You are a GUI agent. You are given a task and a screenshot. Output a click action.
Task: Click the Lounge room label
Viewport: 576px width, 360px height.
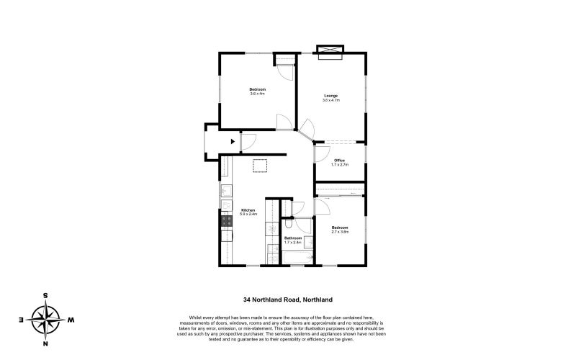330,96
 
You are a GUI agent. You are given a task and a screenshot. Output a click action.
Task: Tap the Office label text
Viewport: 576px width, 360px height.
339,160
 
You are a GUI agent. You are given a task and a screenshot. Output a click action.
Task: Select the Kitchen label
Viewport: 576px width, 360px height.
248,210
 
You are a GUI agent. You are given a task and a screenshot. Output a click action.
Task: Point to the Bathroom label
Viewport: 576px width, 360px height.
293,238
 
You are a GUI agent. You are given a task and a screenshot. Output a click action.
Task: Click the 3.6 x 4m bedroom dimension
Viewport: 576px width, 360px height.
258,94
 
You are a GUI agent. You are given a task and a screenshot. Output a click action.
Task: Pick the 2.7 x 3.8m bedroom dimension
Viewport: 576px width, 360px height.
340,232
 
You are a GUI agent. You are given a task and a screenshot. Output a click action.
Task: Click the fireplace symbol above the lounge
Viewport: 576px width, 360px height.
330,50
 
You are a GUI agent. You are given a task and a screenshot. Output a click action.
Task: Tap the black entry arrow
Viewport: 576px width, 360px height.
232,143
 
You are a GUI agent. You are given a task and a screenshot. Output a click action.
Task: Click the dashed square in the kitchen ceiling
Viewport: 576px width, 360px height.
261,166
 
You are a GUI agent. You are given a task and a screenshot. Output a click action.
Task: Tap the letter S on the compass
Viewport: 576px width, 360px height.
46,295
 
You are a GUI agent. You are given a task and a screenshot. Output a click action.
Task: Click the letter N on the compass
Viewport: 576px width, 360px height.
46,343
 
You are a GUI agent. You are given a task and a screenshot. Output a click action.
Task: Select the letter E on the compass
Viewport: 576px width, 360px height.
22,319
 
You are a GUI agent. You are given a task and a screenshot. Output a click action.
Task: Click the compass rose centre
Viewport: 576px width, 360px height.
46,319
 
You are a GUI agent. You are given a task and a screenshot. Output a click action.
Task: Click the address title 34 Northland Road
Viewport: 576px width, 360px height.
287,300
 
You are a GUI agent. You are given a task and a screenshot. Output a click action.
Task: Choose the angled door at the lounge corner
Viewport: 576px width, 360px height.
306,130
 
